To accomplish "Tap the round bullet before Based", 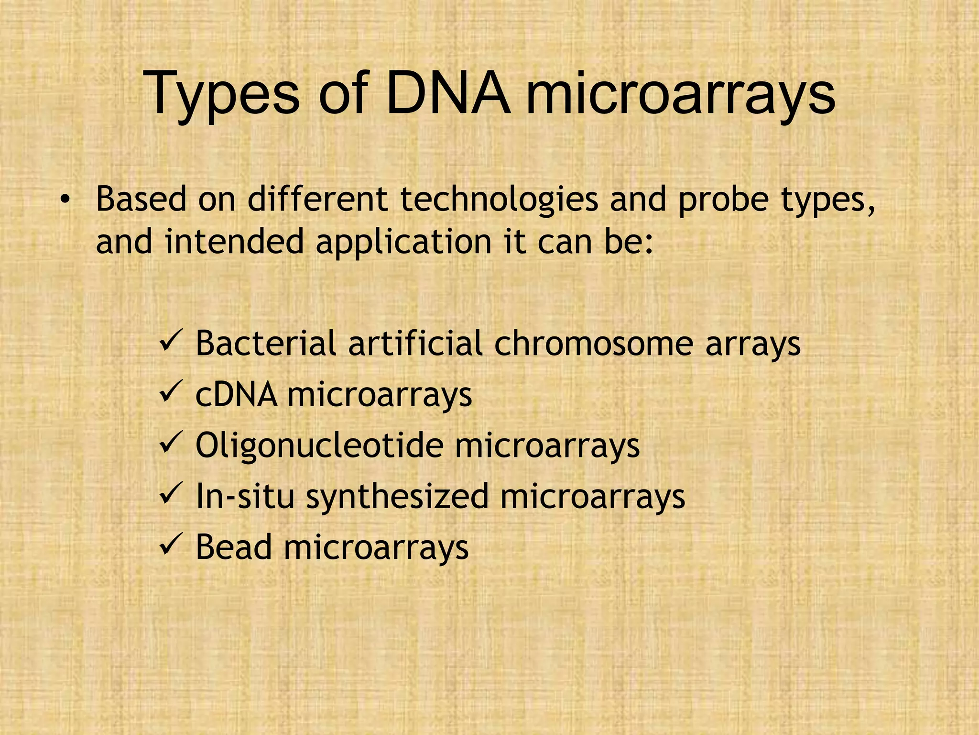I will click(x=65, y=200).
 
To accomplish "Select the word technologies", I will click(x=499, y=200).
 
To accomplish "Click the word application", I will click(x=403, y=242).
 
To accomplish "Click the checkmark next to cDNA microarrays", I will click(x=171, y=393).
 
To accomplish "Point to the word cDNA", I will click(x=236, y=395).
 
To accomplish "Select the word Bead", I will click(x=234, y=547).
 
